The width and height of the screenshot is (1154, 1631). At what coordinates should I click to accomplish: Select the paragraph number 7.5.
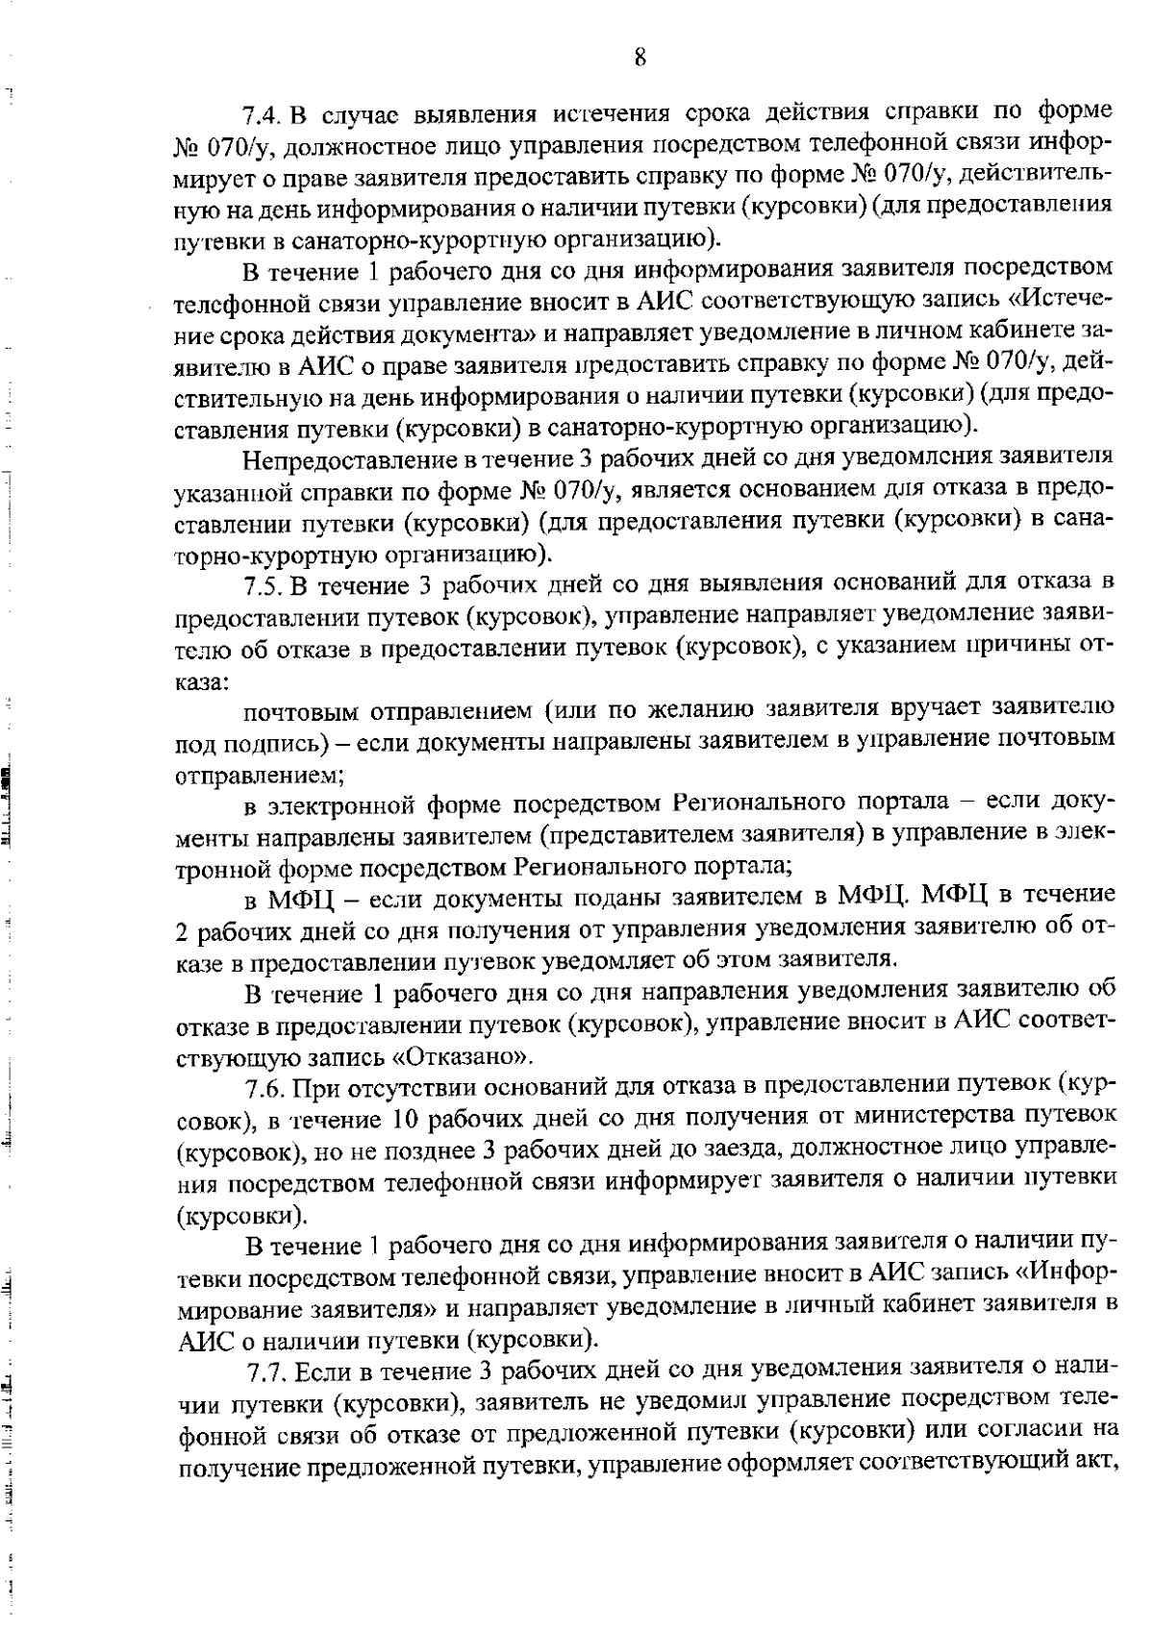pyautogui.click(x=262, y=584)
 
